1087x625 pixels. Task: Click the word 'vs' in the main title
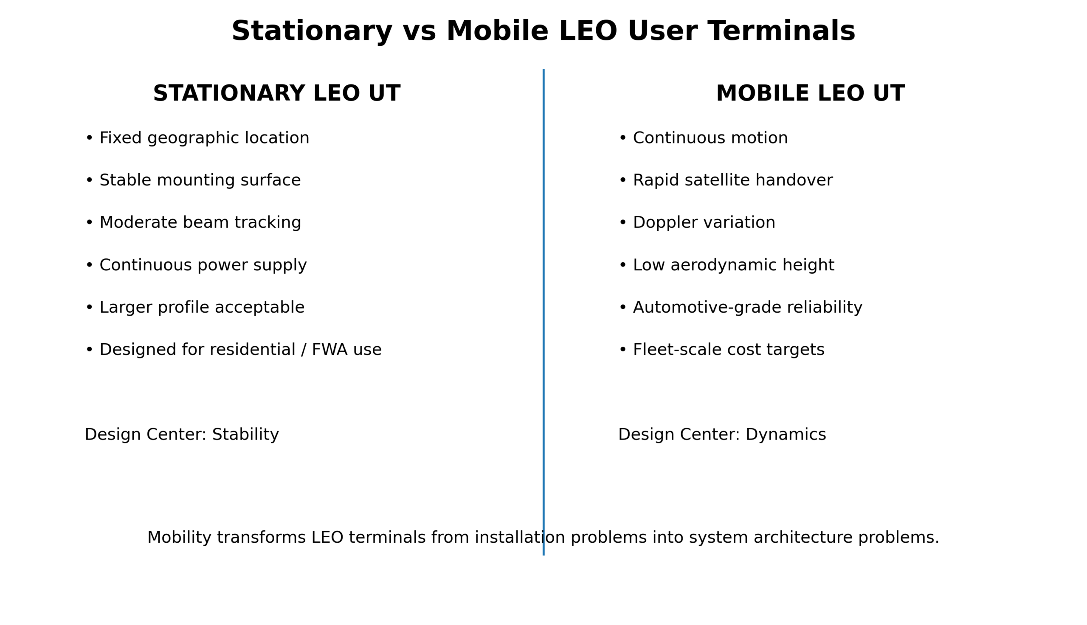[x=419, y=32]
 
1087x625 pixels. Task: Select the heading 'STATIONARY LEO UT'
[x=276, y=94]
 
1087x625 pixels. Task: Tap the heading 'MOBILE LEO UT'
[x=811, y=94]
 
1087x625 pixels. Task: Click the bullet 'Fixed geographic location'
[x=197, y=138]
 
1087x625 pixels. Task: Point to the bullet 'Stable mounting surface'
[x=193, y=180]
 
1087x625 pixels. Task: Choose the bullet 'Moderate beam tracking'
[x=193, y=223]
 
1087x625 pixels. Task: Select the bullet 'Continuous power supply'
[x=196, y=265]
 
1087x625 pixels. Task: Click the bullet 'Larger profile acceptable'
[x=195, y=307]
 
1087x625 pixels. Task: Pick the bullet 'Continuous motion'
[x=704, y=138]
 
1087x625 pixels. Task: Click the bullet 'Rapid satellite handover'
[x=726, y=180]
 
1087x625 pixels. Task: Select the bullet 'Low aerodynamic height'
[x=727, y=265]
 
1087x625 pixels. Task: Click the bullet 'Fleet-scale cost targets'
[x=722, y=350]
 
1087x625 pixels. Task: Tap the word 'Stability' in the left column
[x=245, y=434]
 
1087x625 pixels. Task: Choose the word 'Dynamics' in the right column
[x=786, y=434]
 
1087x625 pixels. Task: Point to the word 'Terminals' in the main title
[x=782, y=32]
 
